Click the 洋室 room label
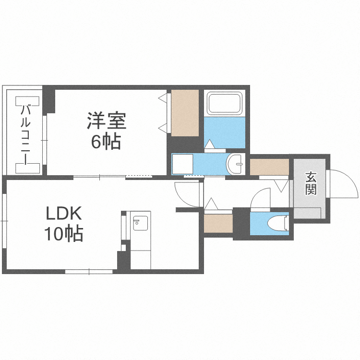[106, 120]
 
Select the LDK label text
[64, 213]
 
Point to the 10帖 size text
[64, 234]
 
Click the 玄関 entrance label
[311, 183]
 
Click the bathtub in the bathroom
[224, 103]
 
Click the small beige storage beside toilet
[212, 224]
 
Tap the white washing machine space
[182, 164]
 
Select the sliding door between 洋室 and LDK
[113, 177]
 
